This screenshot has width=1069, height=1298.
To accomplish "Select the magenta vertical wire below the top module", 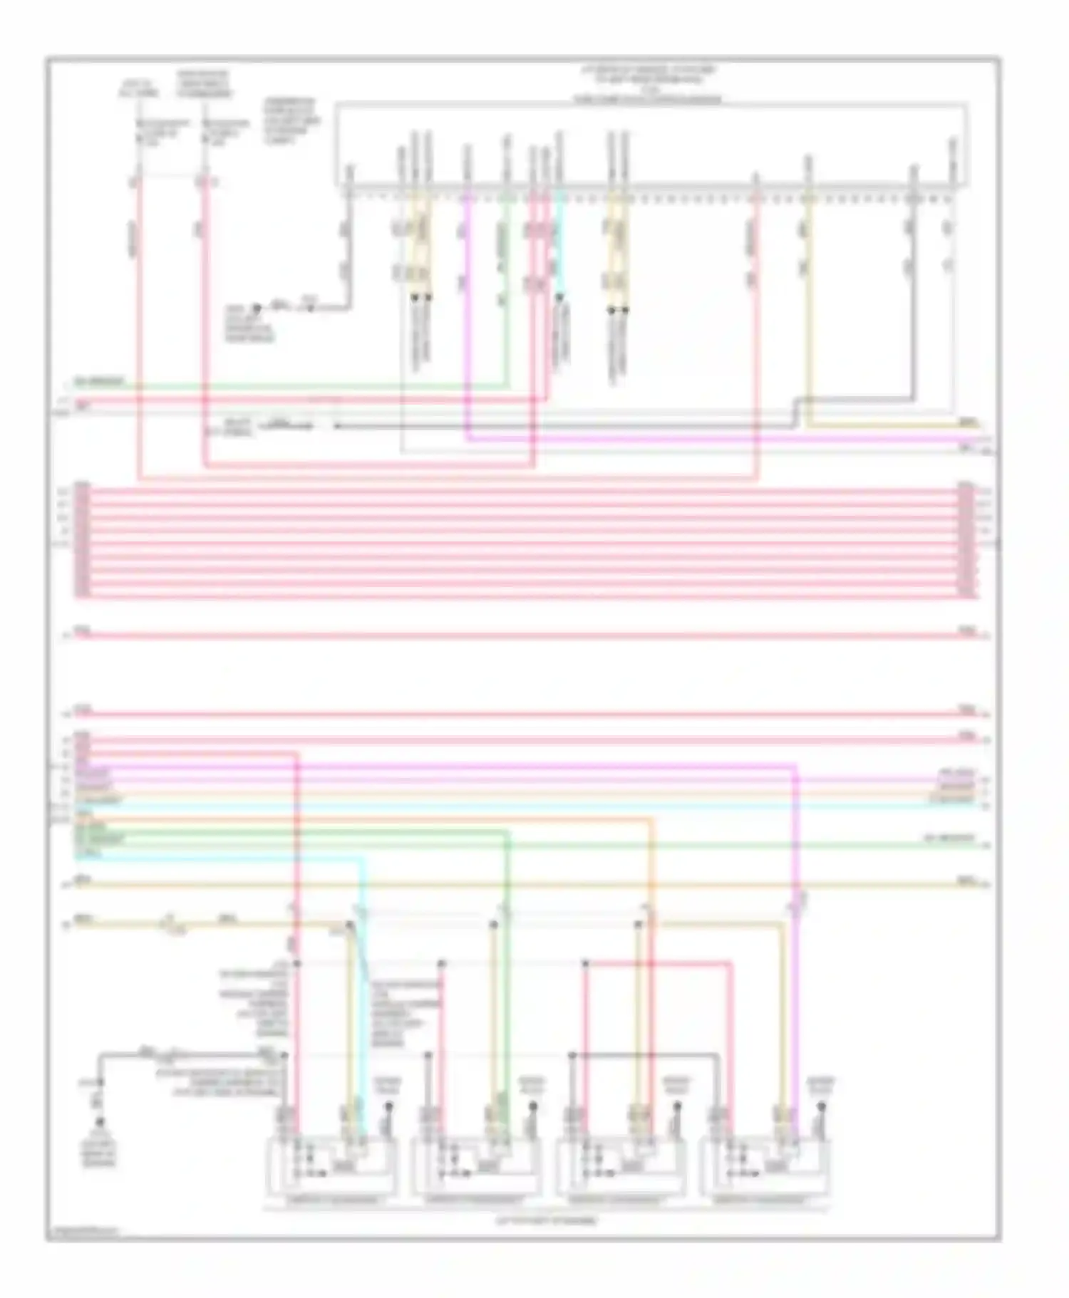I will tap(467, 321).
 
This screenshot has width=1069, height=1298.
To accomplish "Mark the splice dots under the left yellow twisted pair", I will tap(421, 297).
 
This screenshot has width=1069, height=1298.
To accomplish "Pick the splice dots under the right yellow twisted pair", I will tap(618, 310).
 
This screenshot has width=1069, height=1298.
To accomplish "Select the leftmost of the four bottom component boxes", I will tap(331, 1168).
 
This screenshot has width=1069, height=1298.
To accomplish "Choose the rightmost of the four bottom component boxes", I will tap(765, 1168).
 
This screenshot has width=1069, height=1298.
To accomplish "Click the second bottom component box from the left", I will tap(476, 1168).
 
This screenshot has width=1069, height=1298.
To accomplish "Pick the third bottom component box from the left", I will tap(621, 1168).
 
